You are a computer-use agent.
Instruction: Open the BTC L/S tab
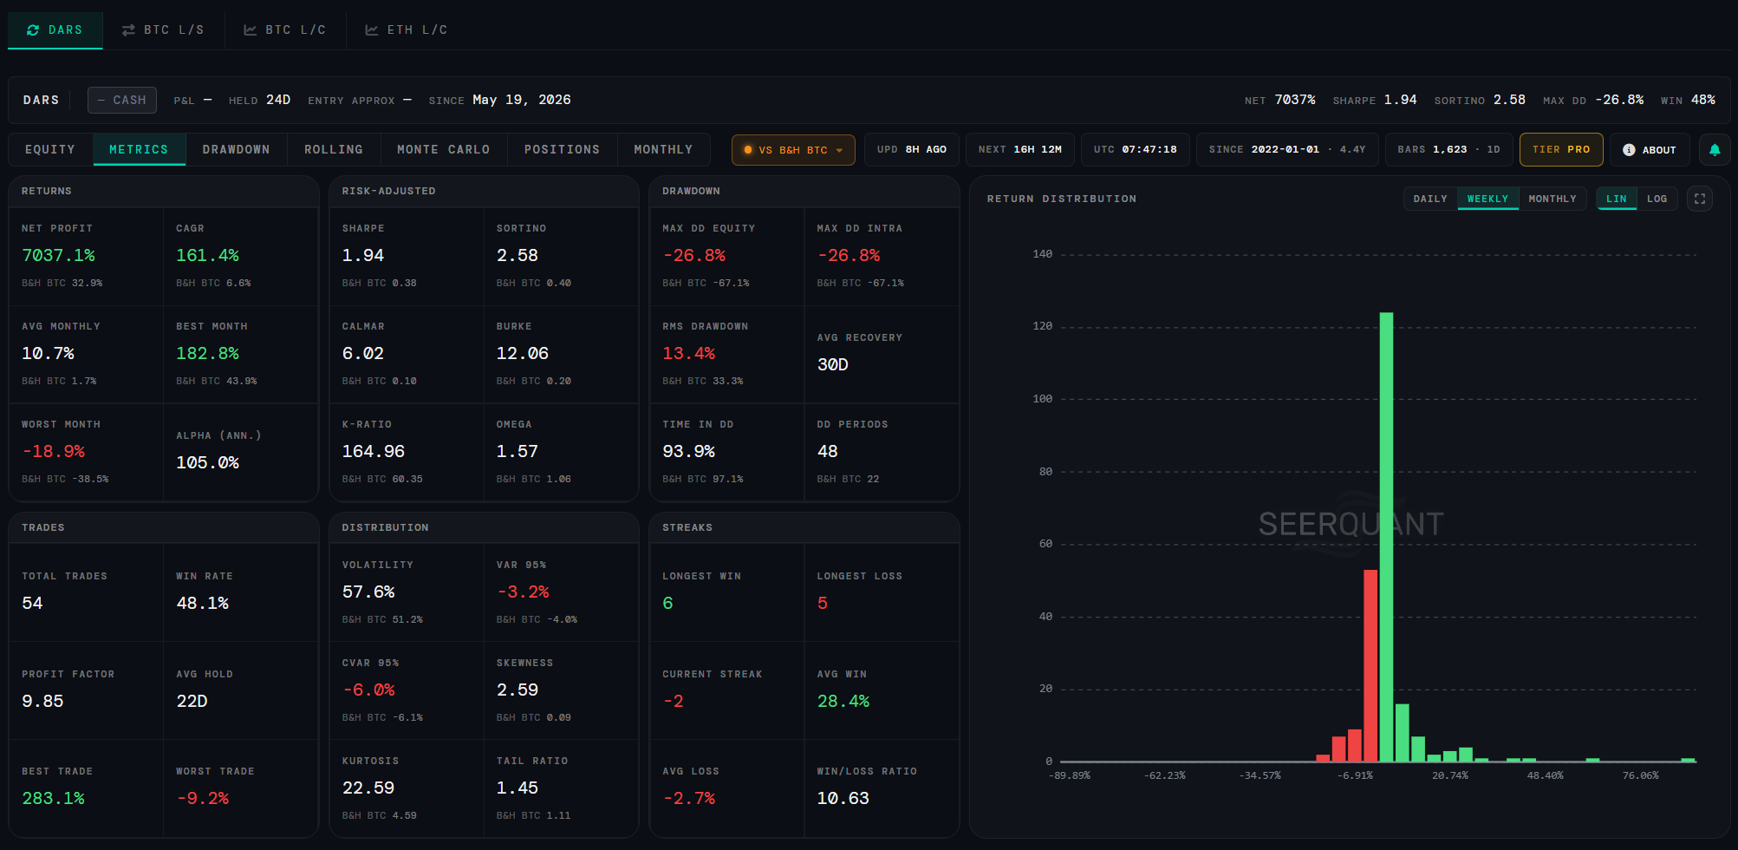tap(163, 30)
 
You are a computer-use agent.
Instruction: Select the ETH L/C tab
tap(407, 30)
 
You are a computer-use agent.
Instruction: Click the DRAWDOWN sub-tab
tap(236, 150)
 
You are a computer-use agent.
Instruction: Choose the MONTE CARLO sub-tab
tap(443, 150)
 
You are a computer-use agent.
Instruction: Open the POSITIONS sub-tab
tap(562, 150)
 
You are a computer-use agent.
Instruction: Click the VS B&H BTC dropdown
tap(793, 150)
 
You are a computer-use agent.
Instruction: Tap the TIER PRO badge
tap(1561, 150)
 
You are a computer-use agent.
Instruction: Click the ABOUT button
tap(1650, 150)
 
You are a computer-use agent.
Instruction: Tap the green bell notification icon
tap(1715, 150)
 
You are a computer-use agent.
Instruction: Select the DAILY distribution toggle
tap(1430, 199)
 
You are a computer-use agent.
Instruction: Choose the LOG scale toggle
tap(1657, 199)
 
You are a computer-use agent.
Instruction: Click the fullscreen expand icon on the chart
tap(1700, 199)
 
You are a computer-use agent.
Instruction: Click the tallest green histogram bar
tap(1386, 537)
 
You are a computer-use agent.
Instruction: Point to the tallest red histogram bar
tap(1370, 665)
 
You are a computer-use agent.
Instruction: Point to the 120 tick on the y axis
tap(1042, 326)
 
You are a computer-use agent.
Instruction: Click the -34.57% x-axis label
tap(1260, 775)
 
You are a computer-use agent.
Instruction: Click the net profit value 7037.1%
tap(58, 255)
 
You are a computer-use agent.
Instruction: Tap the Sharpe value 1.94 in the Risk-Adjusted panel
tap(363, 255)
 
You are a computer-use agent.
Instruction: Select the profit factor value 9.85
tap(42, 701)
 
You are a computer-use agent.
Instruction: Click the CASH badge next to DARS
tap(122, 100)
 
